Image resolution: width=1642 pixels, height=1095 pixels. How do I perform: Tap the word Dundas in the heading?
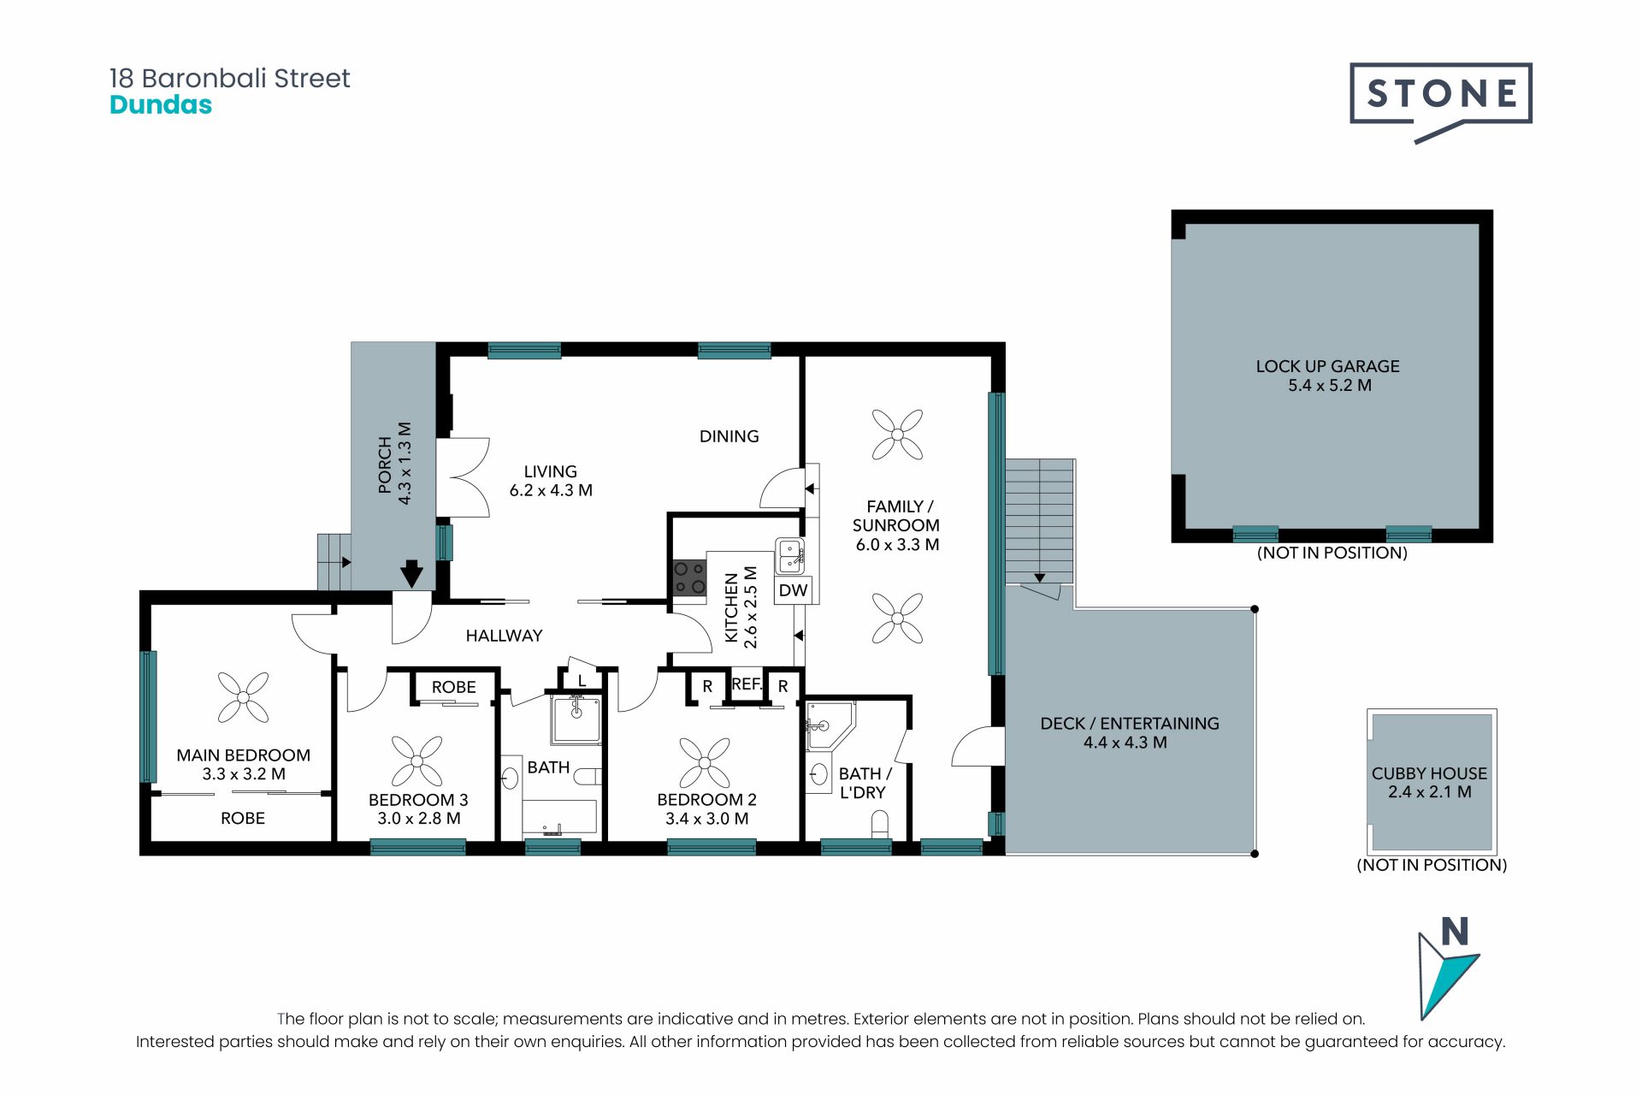pyautogui.click(x=161, y=105)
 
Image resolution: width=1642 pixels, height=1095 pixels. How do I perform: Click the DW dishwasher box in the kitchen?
pyautogui.click(x=793, y=590)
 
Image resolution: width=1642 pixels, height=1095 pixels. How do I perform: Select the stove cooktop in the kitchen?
pyautogui.click(x=689, y=577)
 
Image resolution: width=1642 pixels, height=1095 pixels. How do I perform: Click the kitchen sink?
pyautogui.click(x=790, y=556)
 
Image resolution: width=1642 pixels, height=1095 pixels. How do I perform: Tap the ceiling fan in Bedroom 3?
pyautogui.click(x=417, y=761)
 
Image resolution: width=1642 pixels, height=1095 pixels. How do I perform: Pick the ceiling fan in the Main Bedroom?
pyautogui.click(x=243, y=697)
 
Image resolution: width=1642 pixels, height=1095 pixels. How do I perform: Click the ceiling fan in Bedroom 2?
pyautogui.click(x=705, y=761)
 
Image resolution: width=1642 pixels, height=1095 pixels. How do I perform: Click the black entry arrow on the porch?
pyautogui.click(x=411, y=573)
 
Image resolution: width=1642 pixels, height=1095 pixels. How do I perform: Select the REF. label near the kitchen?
pyautogui.click(x=747, y=684)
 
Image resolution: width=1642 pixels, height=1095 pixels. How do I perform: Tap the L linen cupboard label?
pyautogui.click(x=582, y=682)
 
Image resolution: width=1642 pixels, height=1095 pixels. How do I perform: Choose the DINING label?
pyautogui.click(x=729, y=436)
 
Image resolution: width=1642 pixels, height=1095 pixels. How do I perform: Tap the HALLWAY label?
pyautogui.click(x=504, y=636)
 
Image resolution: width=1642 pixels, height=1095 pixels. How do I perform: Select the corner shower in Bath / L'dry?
pyautogui.click(x=830, y=726)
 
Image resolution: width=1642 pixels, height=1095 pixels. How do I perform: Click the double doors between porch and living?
pyautogui.click(x=464, y=477)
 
